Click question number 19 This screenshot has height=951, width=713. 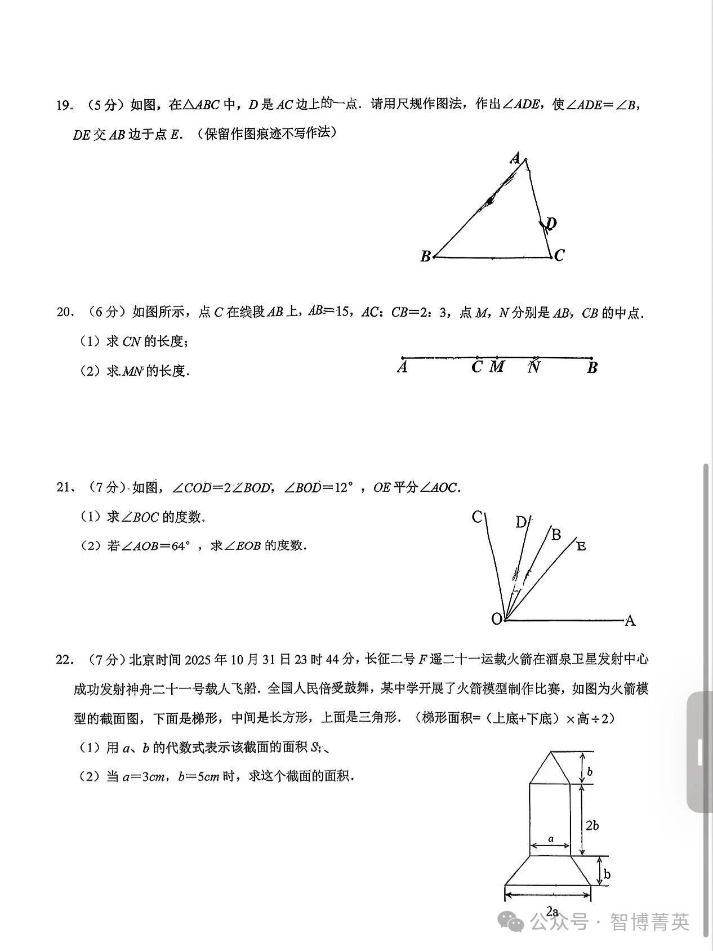[x=64, y=105]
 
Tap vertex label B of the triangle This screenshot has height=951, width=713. [x=426, y=257]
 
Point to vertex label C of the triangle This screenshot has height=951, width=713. [x=559, y=256]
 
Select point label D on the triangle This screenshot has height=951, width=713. [x=551, y=224]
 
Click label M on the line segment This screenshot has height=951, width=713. [x=497, y=367]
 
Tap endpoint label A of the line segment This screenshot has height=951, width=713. [x=402, y=368]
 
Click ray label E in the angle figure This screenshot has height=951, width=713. [x=581, y=545]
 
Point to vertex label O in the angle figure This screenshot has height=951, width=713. [x=496, y=619]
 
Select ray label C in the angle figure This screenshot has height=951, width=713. [x=477, y=517]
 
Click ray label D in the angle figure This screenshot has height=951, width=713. [x=521, y=523]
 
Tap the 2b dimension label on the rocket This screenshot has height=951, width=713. [x=592, y=826]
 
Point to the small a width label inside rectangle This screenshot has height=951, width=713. [x=551, y=839]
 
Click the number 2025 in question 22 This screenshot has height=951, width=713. [x=200, y=660]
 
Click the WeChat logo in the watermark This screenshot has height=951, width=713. [x=514, y=922]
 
